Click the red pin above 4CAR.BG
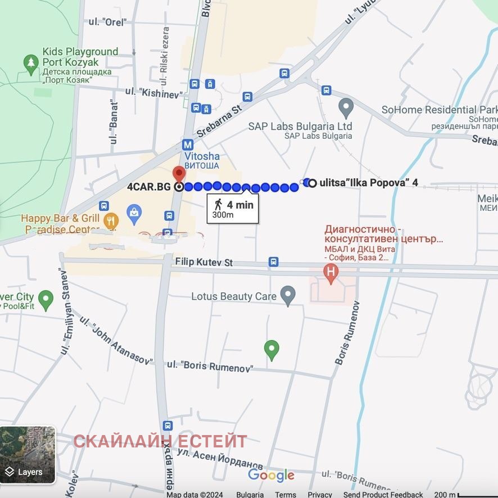[x=179, y=174]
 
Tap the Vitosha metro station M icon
[x=187, y=144]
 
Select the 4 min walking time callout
[x=233, y=209]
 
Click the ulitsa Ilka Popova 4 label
[x=368, y=183]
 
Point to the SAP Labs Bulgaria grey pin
[x=346, y=107]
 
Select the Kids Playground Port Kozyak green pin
[x=30, y=64]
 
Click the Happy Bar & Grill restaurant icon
[x=111, y=220]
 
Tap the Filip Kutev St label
[x=203, y=262]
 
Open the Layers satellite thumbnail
[x=28, y=455]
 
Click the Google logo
[x=271, y=476]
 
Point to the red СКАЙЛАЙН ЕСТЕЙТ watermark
[x=160, y=441]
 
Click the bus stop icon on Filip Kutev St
[x=273, y=261]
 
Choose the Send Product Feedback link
[x=383, y=494]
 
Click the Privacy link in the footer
[x=319, y=494]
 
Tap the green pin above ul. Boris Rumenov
[x=271, y=350]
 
